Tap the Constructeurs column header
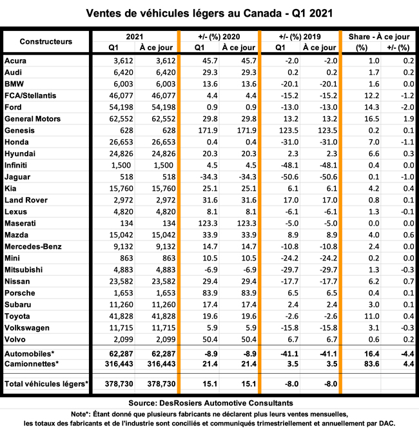click(x=46, y=41)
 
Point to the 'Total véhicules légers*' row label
click(x=46, y=384)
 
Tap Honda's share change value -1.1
click(x=402, y=142)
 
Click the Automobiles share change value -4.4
click(x=402, y=354)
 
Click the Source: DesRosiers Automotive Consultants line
click(x=209, y=402)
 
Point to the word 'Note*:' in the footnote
click(x=81, y=413)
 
